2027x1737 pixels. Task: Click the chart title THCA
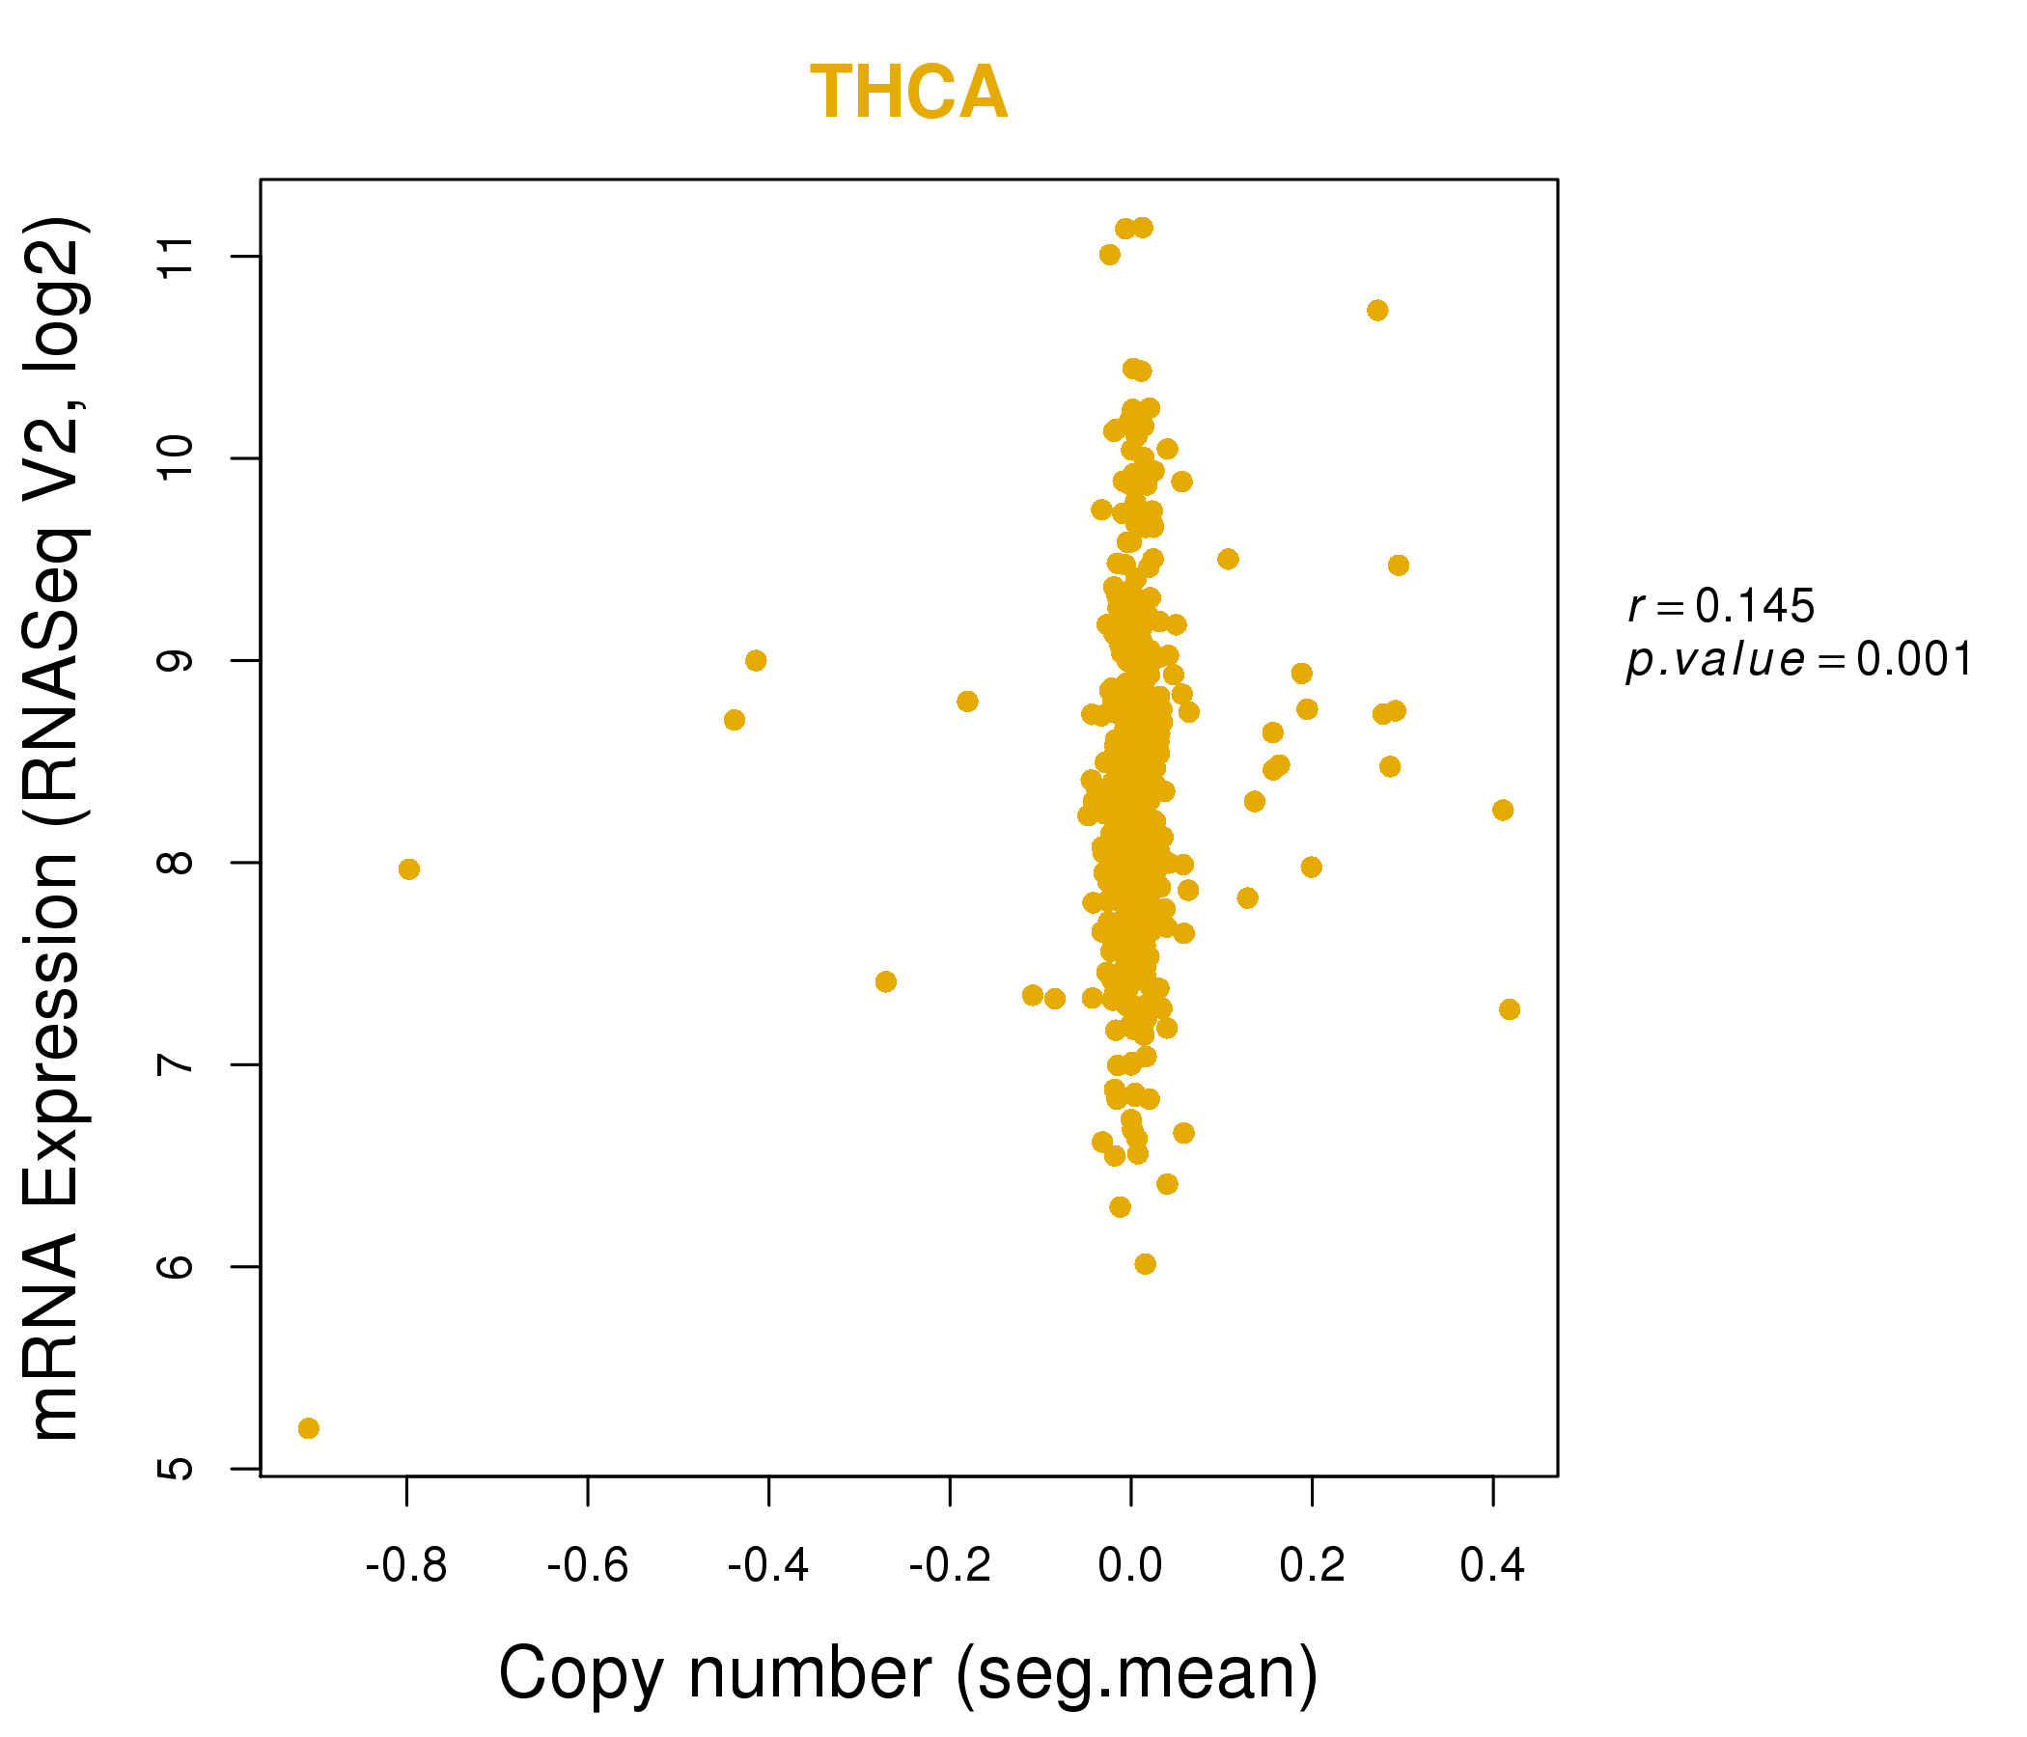908,93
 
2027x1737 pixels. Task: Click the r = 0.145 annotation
1721,606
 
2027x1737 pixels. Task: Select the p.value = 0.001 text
1799,660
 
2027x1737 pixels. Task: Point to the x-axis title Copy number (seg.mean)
908,1673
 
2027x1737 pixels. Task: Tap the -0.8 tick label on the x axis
406,1566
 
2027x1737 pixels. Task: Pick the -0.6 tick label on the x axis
587,1566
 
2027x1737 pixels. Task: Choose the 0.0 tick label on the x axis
1130,1566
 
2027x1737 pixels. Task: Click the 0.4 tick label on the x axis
1492,1566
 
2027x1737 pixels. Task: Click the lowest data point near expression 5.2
308,1429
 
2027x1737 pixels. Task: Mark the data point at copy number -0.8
409,869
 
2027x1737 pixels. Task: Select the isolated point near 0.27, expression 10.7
1377,311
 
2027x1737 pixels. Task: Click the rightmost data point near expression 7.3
1510,1009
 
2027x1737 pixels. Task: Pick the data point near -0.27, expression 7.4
886,982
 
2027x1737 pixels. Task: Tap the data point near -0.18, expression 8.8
967,702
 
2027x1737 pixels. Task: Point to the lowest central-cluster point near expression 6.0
1146,1263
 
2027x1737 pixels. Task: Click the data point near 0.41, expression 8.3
1504,810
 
